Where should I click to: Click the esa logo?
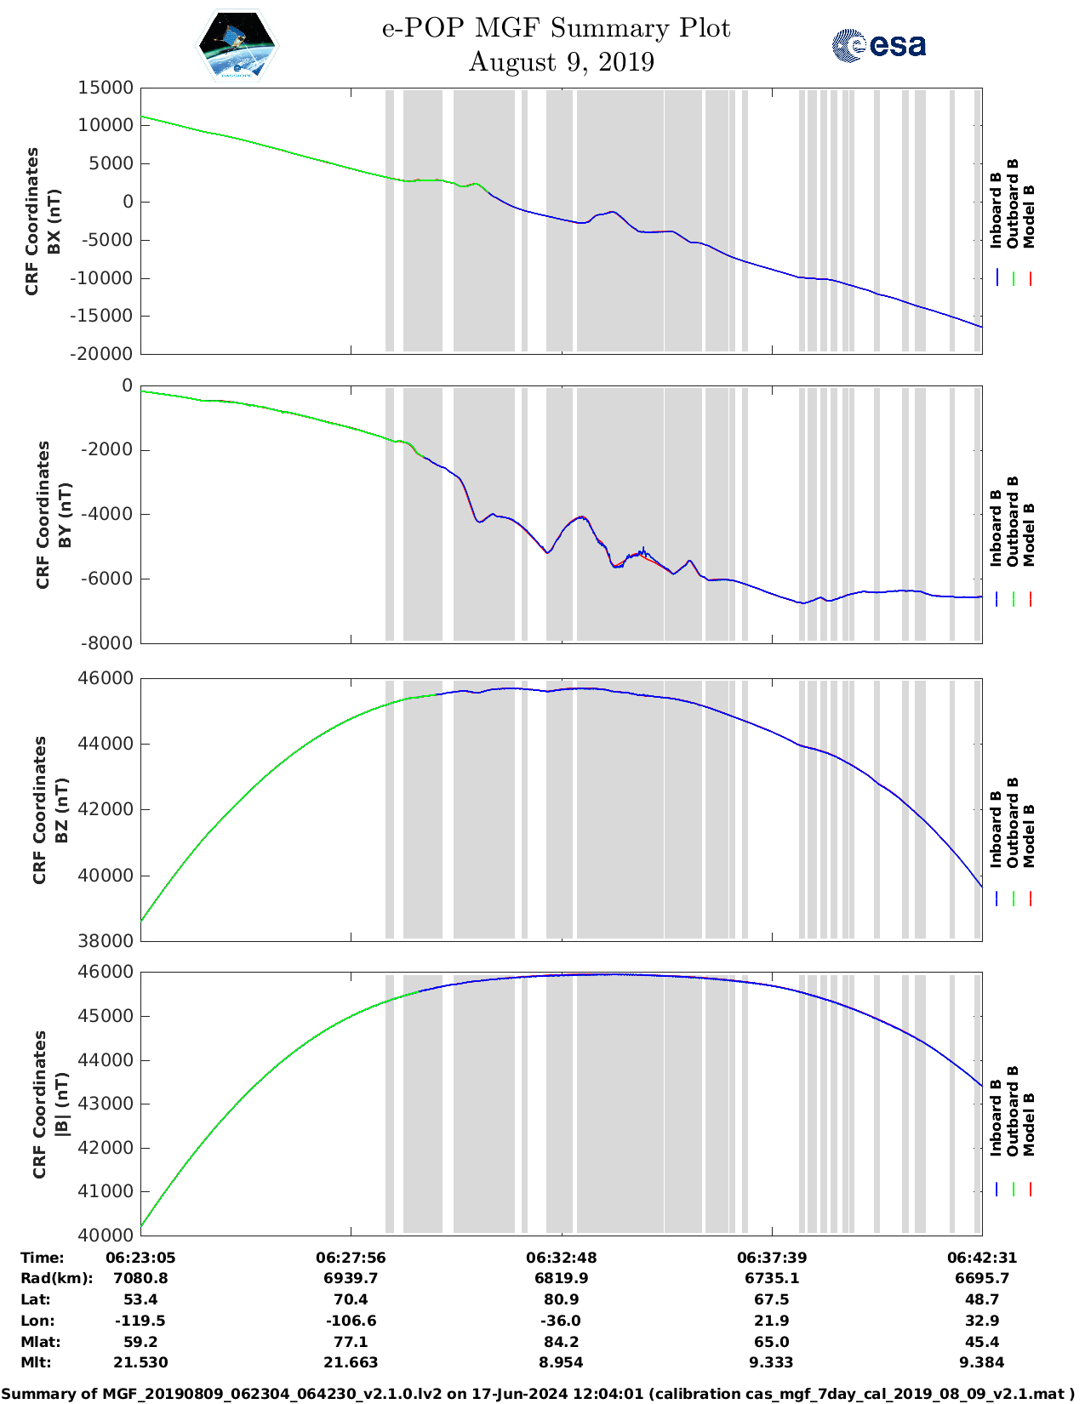click(x=878, y=45)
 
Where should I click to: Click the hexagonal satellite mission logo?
click(x=237, y=46)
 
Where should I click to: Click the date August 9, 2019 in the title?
click(x=561, y=62)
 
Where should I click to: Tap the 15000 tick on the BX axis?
click(x=106, y=88)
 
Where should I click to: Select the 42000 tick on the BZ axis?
click(x=106, y=809)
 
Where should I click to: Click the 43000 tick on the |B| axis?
click(x=106, y=1104)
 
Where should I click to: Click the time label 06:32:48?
click(x=561, y=1258)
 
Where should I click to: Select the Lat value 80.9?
click(x=561, y=1299)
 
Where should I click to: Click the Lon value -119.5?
click(x=140, y=1321)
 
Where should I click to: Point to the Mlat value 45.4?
click(x=982, y=1342)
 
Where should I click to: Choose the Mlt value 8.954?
click(x=561, y=1362)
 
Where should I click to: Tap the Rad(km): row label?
click(x=57, y=1278)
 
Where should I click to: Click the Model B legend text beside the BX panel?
click(x=1029, y=216)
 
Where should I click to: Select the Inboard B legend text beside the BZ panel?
click(x=996, y=830)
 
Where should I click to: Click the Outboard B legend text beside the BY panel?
click(x=1013, y=521)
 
